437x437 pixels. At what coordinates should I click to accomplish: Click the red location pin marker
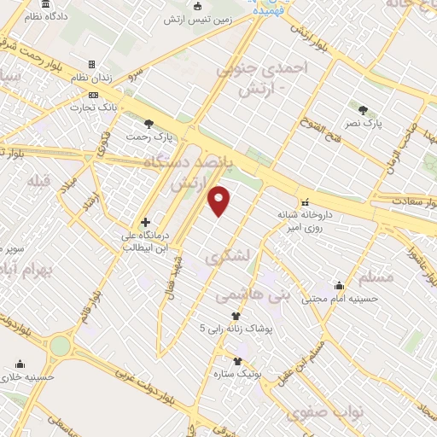pyautogui.click(x=219, y=201)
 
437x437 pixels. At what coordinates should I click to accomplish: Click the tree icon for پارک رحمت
pyautogui.click(x=150, y=123)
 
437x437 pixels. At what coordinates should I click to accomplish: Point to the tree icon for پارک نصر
pyautogui.click(x=364, y=110)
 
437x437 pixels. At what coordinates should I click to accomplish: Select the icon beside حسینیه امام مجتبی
pyautogui.click(x=340, y=286)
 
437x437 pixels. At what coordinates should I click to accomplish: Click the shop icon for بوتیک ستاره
pyautogui.click(x=237, y=361)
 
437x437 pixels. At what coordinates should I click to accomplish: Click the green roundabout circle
pyautogui.click(x=60, y=346)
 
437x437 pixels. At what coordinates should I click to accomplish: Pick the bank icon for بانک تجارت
pyautogui.click(x=93, y=95)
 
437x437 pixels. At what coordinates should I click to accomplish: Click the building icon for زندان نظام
pyautogui.click(x=92, y=64)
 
